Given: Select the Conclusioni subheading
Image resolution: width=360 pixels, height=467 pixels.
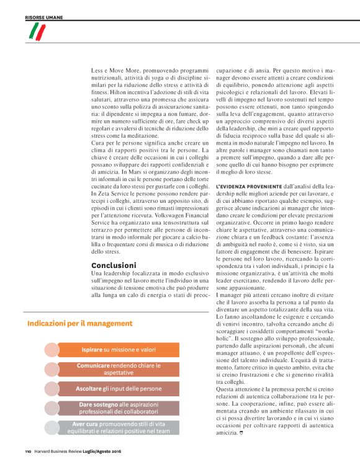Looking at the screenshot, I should pyautogui.click(x=114, y=265).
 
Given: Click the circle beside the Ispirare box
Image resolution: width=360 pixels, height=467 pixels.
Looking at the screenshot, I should pyautogui.click(x=52, y=350).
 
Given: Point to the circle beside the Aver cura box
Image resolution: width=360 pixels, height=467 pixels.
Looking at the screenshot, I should pyautogui.click(x=52, y=427).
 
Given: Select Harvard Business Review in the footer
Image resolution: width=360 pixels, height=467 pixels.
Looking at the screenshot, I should pyautogui.click(x=60, y=451).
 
